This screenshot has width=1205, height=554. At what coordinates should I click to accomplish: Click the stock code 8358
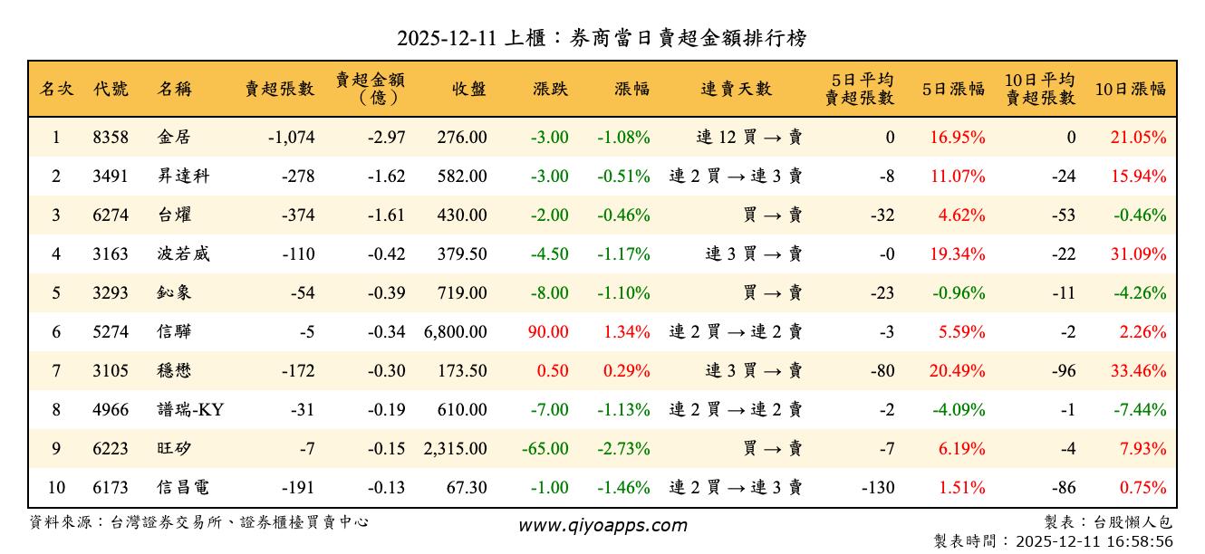(x=111, y=138)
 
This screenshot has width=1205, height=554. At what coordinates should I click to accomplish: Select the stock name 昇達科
(x=183, y=177)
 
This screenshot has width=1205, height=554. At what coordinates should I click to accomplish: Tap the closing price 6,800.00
(x=455, y=332)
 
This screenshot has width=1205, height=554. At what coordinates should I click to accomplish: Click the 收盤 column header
(x=468, y=89)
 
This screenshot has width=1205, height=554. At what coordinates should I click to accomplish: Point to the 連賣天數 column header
(x=736, y=89)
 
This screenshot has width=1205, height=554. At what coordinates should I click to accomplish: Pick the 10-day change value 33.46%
(x=1139, y=371)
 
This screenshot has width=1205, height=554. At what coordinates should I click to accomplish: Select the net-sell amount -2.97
(x=386, y=138)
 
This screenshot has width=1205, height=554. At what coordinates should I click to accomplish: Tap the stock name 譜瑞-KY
(x=189, y=410)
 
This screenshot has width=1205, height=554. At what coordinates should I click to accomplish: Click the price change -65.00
(x=545, y=449)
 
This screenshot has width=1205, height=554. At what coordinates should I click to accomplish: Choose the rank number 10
(x=56, y=488)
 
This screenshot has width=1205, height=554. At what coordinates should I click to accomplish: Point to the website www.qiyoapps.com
(x=602, y=525)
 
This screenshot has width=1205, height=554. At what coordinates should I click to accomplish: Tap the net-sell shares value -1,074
(x=292, y=138)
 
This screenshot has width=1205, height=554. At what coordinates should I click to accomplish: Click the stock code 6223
(x=111, y=449)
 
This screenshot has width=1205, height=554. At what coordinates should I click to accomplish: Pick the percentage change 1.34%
(x=627, y=332)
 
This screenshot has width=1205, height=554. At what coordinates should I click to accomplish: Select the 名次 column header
(x=56, y=89)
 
